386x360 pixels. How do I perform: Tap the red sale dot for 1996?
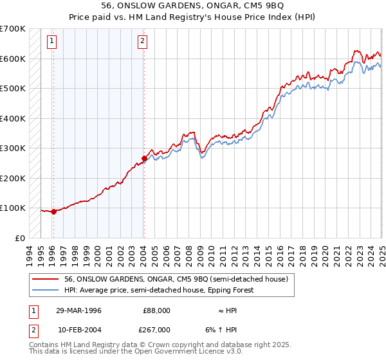point(53,212)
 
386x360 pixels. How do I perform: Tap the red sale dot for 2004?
point(144,158)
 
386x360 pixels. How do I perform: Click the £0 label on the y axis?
point(20,238)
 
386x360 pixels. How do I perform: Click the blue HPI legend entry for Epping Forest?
point(159,290)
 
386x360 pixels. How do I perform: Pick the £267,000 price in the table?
point(156,329)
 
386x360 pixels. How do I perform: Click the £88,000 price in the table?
point(156,310)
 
